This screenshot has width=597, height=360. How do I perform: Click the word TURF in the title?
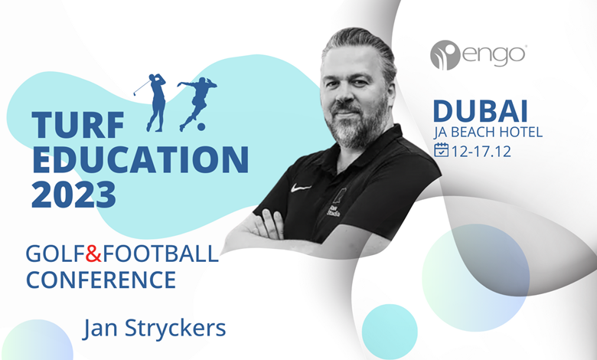click(78, 125)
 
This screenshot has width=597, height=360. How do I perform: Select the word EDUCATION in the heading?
click(141, 159)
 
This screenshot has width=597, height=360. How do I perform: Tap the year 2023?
click(74, 194)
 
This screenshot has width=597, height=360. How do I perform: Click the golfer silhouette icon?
click(151, 103)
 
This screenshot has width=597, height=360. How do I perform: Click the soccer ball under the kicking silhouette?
click(201, 126)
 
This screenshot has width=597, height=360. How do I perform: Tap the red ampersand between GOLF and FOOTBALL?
click(93, 254)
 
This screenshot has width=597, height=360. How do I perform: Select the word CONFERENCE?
click(101, 280)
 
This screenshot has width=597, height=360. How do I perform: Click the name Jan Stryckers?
click(155, 329)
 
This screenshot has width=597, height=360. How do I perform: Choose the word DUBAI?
click(481, 111)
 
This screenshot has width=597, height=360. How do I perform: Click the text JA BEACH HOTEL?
click(488, 132)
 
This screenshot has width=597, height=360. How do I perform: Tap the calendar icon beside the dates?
click(442, 149)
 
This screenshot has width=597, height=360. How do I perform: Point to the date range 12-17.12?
click(481, 151)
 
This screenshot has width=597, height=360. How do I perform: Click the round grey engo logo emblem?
click(445, 55)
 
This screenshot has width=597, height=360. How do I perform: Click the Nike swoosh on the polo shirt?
click(301, 188)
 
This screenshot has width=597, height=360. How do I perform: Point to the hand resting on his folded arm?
click(269, 224)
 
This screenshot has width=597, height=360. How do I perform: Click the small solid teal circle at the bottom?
click(390, 332)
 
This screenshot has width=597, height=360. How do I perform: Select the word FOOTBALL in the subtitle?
click(161, 254)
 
